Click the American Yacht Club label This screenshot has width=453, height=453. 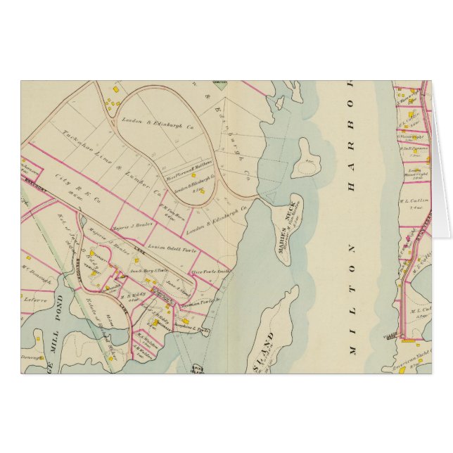[x=406, y=360]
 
